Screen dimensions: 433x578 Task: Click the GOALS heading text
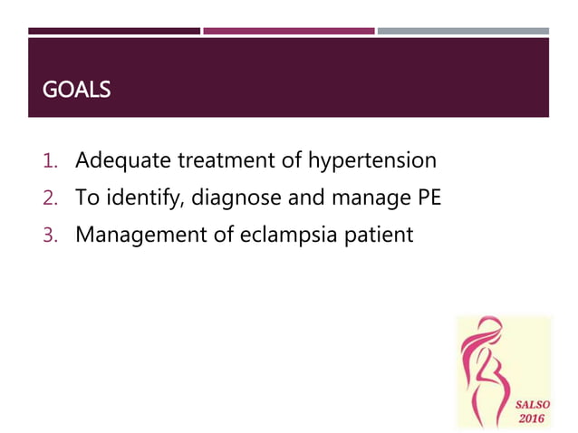coord(77,91)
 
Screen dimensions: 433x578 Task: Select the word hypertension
coord(372,162)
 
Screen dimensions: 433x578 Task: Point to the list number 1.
coord(51,162)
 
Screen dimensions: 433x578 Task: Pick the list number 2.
coord(51,198)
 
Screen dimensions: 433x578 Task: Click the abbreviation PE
coord(428,198)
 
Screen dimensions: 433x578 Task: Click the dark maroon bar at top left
coord(114,31)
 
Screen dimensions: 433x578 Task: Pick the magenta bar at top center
coord(288,31)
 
